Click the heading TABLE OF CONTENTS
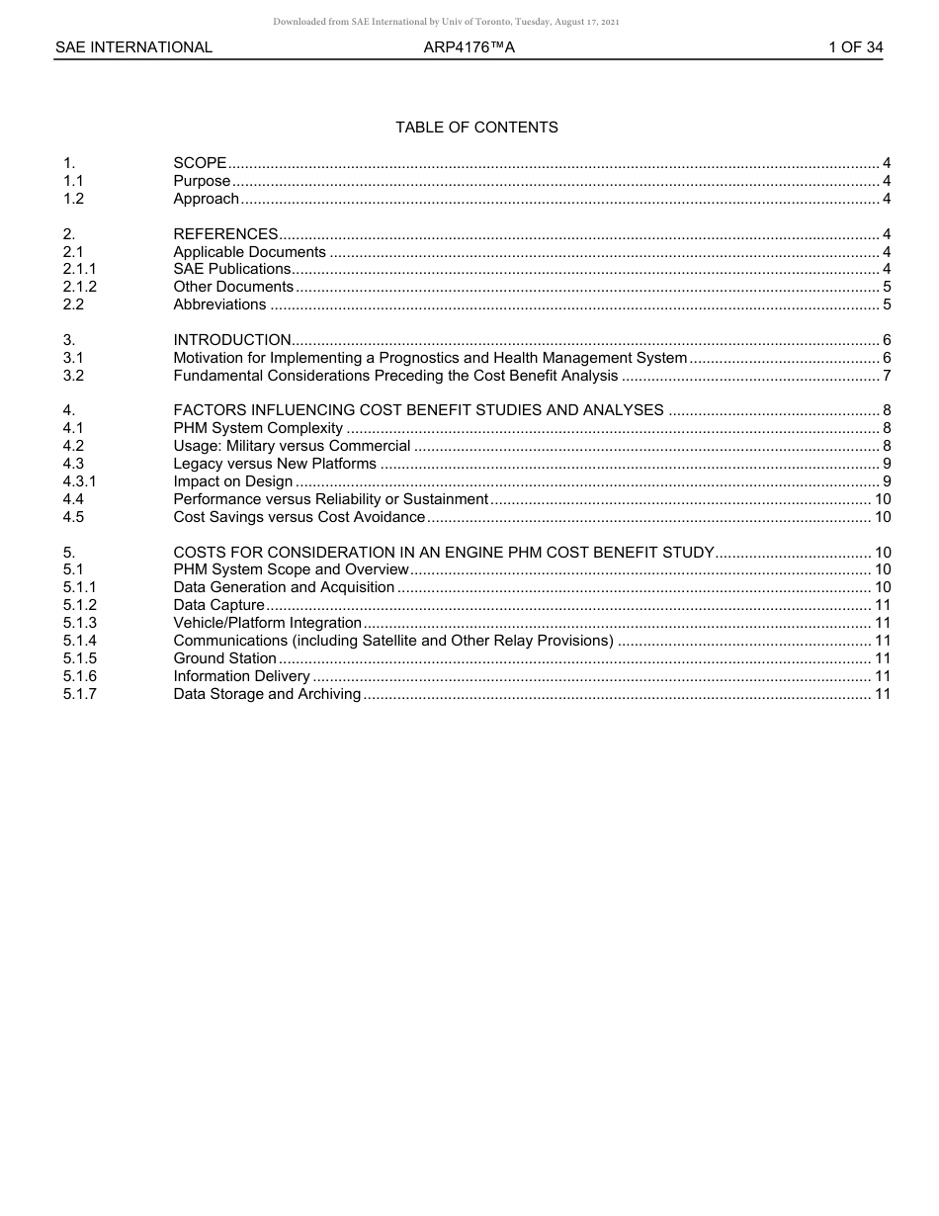(x=476, y=128)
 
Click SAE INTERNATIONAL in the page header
(x=133, y=47)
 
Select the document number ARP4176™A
(x=469, y=47)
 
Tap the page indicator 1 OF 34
(x=856, y=47)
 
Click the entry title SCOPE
(x=200, y=163)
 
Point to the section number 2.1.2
(x=80, y=287)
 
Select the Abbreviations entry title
(x=219, y=304)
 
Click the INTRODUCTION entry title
(x=232, y=340)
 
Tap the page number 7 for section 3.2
(x=887, y=376)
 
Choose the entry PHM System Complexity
(x=258, y=428)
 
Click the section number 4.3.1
(x=80, y=481)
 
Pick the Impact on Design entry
(x=233, y=481)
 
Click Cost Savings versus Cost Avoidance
(x=299, y=517)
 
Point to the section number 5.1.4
(x=80, y=641)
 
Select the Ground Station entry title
(x=225, y=658)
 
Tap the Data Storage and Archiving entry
(x=267, y=694)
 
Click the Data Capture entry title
(x=219, y=605)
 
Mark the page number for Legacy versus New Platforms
(x=887, y=464)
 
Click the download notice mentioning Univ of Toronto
(x=446, y=22)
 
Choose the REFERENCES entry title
(x=225, y=234)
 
